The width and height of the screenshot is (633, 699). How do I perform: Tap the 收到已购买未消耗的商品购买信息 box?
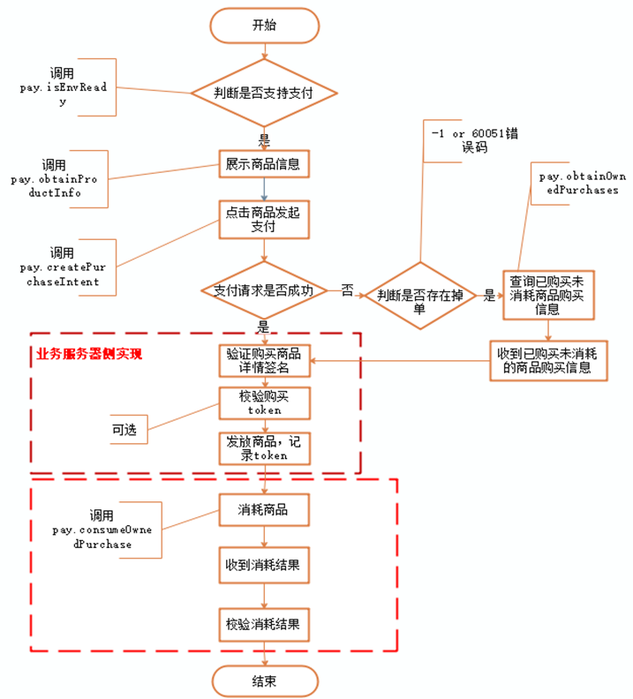(x=549, y=360)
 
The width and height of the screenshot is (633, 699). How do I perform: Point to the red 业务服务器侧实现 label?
(x=89, y=353)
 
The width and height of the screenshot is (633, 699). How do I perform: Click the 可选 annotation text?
(x=123, y=429)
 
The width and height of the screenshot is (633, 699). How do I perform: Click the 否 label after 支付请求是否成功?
(x=347, y=289)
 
